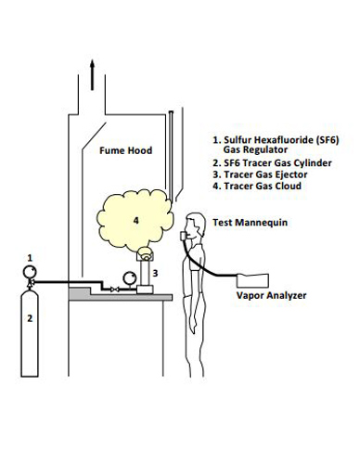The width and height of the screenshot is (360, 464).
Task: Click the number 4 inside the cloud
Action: point(135,220)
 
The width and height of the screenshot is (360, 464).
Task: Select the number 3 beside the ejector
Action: point(156,272)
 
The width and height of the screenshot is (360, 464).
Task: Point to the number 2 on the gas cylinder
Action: point(30,318)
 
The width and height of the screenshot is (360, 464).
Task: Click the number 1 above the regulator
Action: point(30,255)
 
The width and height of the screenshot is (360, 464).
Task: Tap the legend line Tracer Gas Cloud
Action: point(262,187)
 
